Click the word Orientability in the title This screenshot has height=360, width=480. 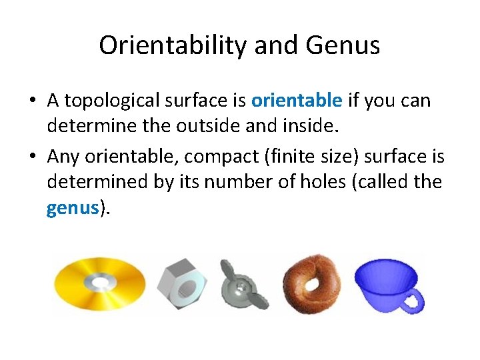click(x=170, y=45)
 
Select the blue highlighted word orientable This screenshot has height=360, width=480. click(x=297, y=101)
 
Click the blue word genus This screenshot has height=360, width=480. click(x=73, y=209)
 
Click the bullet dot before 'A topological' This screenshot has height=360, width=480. click(x=32, y=101)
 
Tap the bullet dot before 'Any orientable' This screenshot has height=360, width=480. click(x=32, y=155)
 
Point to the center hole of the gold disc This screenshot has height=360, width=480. click(x=101, y=284)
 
